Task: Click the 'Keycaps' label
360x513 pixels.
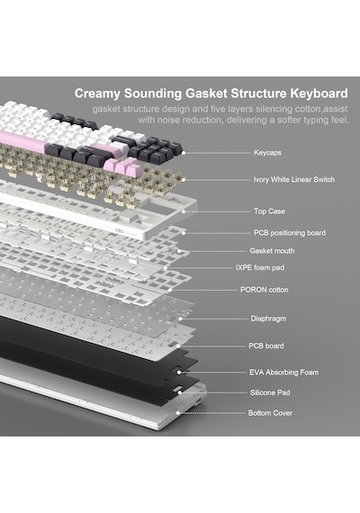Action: (267, 153)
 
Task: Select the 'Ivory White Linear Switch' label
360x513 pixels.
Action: (294, 180)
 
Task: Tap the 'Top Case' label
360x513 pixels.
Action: (269, 211)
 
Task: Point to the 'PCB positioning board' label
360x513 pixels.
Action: (290, 233)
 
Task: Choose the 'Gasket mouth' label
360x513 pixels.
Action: (272, 251)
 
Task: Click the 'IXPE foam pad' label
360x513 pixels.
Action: (260, 267)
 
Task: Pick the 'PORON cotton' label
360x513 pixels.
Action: (264, 290)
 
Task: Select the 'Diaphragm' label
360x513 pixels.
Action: (268, 319)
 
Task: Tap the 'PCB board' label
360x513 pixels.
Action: (266, 346)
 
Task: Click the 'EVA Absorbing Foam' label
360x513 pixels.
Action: (283, 373)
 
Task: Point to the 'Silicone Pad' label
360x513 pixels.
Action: (270, 392)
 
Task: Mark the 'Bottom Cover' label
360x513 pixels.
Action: (270, 413)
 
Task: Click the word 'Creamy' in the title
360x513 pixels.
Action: (97, 94)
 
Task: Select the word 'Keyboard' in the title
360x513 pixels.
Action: (319, 94)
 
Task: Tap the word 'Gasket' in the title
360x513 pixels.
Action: (206, 94)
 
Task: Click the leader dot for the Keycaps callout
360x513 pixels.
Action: (184, 153)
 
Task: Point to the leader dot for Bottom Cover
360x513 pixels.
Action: (178, 413)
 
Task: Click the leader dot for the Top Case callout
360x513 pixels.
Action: (184, 211)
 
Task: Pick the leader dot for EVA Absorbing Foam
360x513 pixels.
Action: (179, 373)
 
